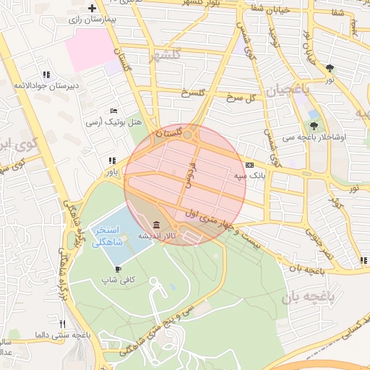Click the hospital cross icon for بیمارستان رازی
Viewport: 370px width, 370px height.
tap(92, 9)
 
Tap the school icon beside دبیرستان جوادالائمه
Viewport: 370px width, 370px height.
tap(46, 74)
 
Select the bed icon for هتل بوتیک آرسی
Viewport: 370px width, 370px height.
tap(113, 111)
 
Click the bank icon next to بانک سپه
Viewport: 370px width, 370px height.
tap(250, 165)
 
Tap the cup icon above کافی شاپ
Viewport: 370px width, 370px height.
tap(118, 269)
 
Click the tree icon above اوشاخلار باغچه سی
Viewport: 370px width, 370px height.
tap(313, 125)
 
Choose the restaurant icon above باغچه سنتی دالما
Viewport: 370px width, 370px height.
tap(63, 324)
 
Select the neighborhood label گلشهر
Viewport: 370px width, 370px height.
tap(163, 56)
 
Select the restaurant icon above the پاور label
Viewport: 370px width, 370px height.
tap(111, 160)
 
